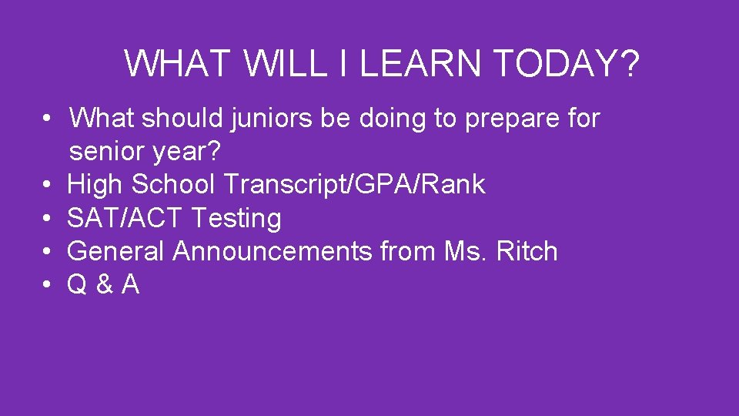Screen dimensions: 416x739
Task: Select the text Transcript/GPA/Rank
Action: pos(355,186)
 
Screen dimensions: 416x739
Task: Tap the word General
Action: pos(116,252)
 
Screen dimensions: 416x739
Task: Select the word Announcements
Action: pos(273,252)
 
